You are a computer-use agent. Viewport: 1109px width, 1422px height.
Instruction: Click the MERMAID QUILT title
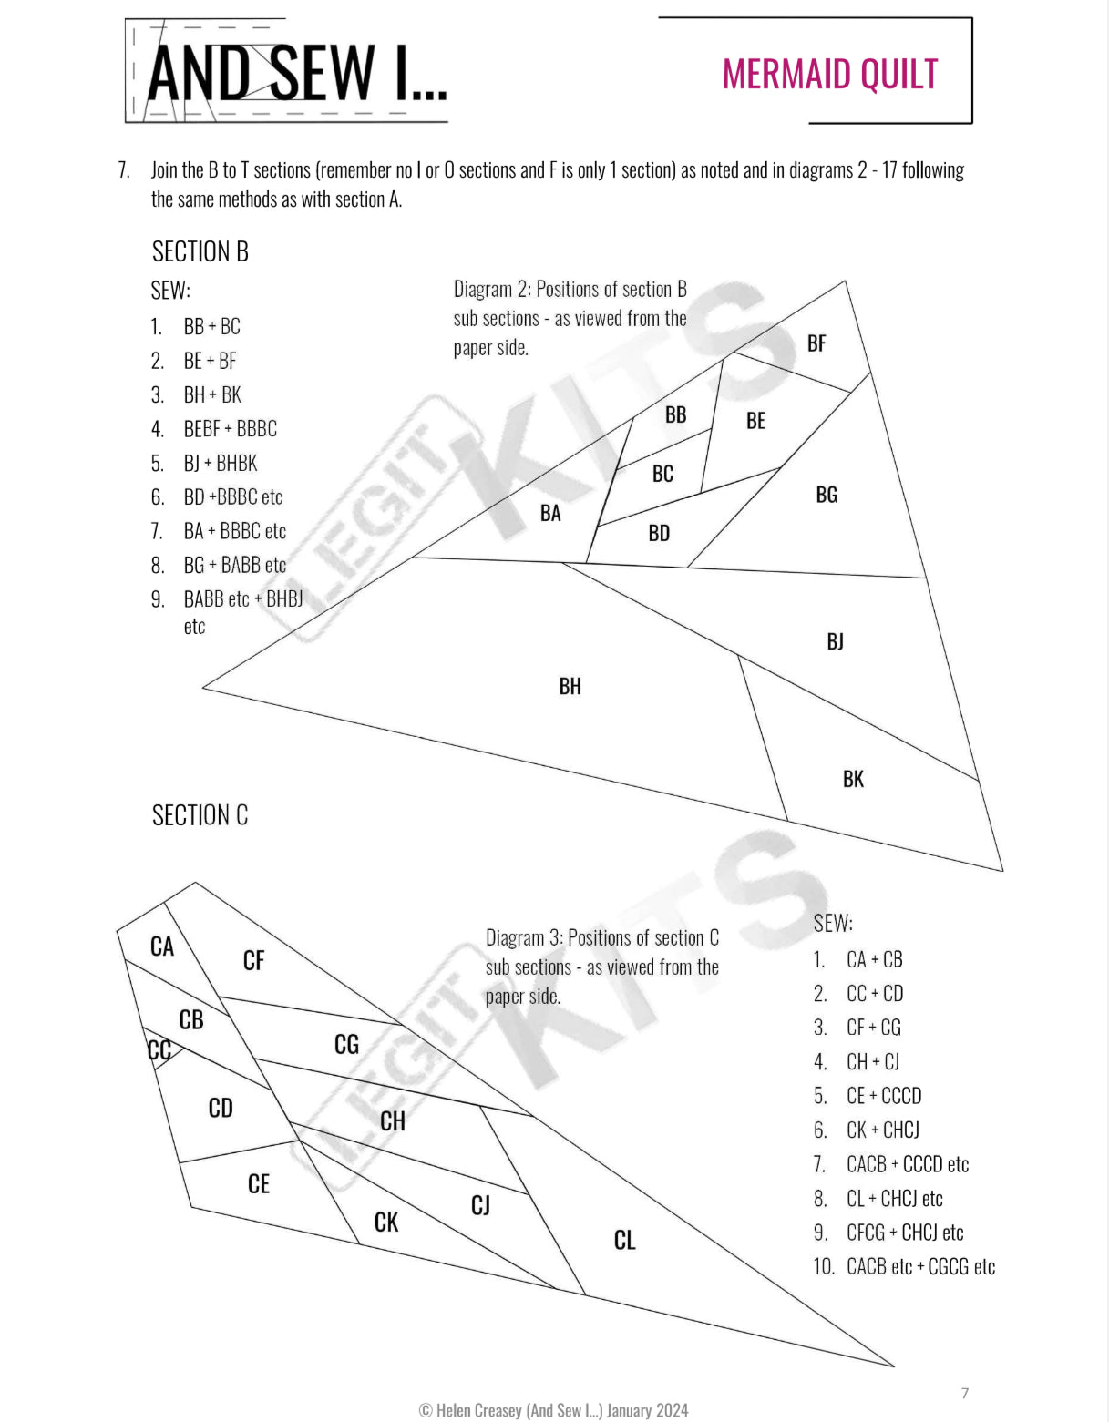coord(829,75)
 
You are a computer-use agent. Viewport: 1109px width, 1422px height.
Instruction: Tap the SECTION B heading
coord(200,251)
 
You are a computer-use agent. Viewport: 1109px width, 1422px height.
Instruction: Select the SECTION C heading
coord(200,815)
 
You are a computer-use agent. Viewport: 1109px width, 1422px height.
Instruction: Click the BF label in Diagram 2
coord(816,343)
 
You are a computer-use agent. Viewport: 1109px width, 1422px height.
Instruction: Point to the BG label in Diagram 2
coord(827,495)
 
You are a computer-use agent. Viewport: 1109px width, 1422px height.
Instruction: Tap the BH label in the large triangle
coord(570,686)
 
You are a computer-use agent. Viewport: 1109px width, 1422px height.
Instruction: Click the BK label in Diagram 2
coord(853,779)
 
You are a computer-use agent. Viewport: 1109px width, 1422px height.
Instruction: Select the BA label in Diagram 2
coord(550,513)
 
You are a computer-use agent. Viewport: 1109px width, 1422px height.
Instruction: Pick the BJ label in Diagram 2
coord(835,641)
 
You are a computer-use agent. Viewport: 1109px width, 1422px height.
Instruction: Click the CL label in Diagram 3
coord(624,1240)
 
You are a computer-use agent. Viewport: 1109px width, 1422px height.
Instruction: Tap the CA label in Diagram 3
coord(162,946)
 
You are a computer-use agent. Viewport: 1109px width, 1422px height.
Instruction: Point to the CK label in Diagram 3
coord(386,1222)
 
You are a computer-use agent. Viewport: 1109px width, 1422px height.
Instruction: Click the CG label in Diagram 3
coord(346,1044)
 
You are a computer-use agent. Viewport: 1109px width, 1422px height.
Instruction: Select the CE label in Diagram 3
coord(259,1183)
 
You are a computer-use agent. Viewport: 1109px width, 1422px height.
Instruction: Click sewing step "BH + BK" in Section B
coord(212,394)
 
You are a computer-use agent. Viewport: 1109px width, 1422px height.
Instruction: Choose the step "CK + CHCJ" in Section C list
coord(882,1130)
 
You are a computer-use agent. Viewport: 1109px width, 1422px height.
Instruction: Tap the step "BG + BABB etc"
coord(234,565)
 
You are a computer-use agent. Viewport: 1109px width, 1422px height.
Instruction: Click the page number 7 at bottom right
coord(965,1393)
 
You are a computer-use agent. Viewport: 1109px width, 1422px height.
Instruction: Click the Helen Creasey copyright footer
coord(553,1410)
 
